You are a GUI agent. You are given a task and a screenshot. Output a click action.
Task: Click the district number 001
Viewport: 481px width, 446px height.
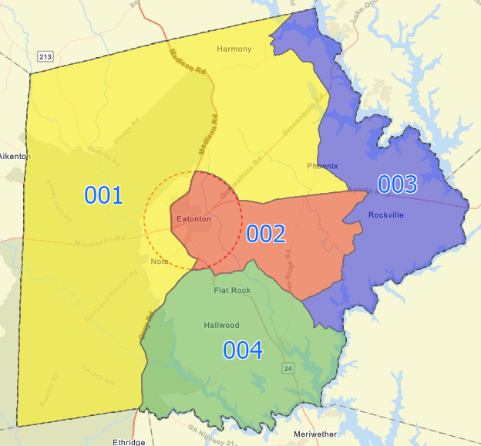click(103, 195)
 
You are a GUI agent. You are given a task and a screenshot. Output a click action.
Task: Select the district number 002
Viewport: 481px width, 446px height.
click(266, 234)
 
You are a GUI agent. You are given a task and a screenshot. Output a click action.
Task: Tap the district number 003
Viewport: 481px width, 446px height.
click(397, 184)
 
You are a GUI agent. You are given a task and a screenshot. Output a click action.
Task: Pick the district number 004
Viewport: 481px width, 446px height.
click(243, 350)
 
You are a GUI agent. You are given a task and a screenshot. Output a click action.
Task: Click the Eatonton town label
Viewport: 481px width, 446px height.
click(193, 219)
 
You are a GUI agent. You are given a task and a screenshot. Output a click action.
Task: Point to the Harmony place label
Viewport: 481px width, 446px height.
click(234, 49)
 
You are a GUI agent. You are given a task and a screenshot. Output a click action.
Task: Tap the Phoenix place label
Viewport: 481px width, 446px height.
click(322, 166)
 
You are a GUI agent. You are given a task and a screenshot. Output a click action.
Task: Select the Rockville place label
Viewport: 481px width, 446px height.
click(385, 215)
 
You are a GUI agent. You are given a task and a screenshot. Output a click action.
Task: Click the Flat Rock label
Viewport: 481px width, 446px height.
click(232, 291)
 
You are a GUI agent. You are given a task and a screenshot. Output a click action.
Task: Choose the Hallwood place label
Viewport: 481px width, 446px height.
click(221, 326)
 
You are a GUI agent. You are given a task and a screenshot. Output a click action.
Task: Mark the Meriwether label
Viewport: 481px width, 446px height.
click(315, 434)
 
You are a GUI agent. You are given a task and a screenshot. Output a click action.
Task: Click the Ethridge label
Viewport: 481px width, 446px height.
click(129, 442)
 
